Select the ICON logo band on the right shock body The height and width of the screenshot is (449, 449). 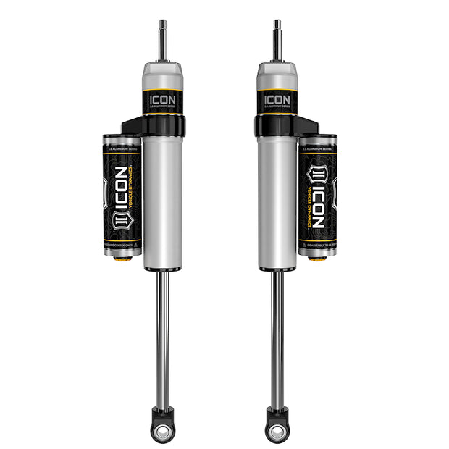pyautogui.click(x=277, y=100)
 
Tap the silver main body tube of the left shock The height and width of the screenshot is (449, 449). pyautogui.click(x=163, y=203)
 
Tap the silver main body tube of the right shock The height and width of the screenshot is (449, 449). pyautogui.click(x=277, y=203)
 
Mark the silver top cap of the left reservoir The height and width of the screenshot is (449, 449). pyautogui.click(x=122, y=139)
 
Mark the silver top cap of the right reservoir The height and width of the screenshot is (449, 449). pyautogui.click(x=318, y=139)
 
